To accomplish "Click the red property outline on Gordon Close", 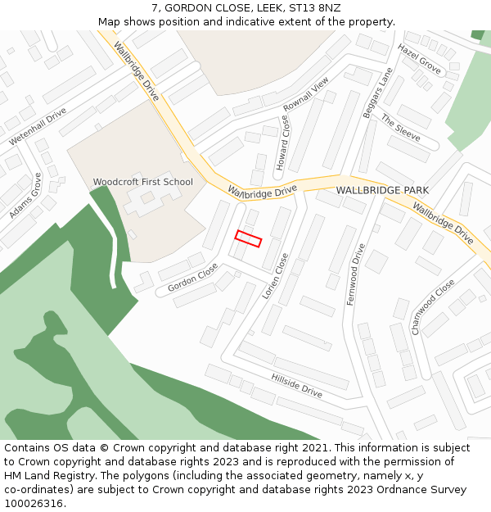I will point(248,238).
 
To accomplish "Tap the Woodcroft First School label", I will point(143,182).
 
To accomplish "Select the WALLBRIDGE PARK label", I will point(382,190).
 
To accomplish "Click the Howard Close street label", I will point(282,143).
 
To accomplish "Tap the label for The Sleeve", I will point(400,128).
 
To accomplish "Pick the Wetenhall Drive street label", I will point(38,126).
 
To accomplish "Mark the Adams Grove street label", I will point(25,196).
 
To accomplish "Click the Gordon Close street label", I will point(193,278).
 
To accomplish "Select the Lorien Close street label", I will point(276,275).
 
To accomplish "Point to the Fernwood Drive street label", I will point(355,274).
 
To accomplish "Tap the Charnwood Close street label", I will point(433,306).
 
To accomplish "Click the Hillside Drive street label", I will point(297,385).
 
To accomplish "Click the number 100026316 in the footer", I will point(33,503).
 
